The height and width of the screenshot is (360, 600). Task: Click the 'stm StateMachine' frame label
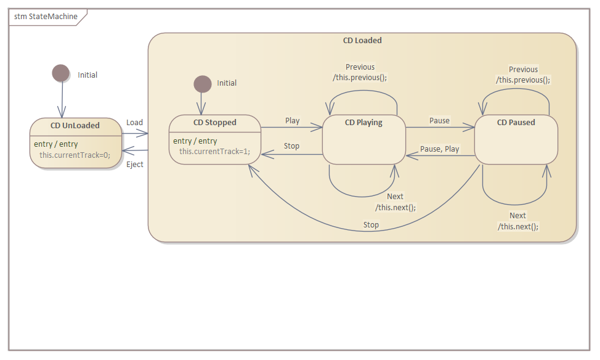[46, 17]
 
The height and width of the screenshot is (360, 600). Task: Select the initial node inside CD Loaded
[202, 83]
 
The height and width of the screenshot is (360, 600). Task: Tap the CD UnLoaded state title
[75, 125]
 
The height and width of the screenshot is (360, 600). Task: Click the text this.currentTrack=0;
[75, 155]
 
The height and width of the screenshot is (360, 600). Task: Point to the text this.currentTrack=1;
[214, 151]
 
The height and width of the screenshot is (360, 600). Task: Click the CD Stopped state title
[214, 122]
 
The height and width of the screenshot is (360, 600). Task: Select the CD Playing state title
[363, 122]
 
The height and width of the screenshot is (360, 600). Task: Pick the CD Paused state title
[516, 122]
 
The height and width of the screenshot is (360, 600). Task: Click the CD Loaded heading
[362, 40]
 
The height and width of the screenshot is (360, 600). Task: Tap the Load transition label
[134, 122]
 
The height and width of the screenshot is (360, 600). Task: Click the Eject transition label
[134, 164]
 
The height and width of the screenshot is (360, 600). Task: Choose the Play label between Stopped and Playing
[292, 120]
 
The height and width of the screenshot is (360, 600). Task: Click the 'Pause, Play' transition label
[439, 149]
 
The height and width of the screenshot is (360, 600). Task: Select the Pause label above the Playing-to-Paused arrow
[439, 120]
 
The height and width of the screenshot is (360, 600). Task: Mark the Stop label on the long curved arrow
[371, 224]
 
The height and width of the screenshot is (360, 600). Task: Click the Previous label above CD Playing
[360, 67]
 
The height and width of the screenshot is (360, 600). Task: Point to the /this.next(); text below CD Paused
[517, 226]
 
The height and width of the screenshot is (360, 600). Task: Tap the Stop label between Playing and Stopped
[291, 145]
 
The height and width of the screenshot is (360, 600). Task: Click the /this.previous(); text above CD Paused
[523, 80]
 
